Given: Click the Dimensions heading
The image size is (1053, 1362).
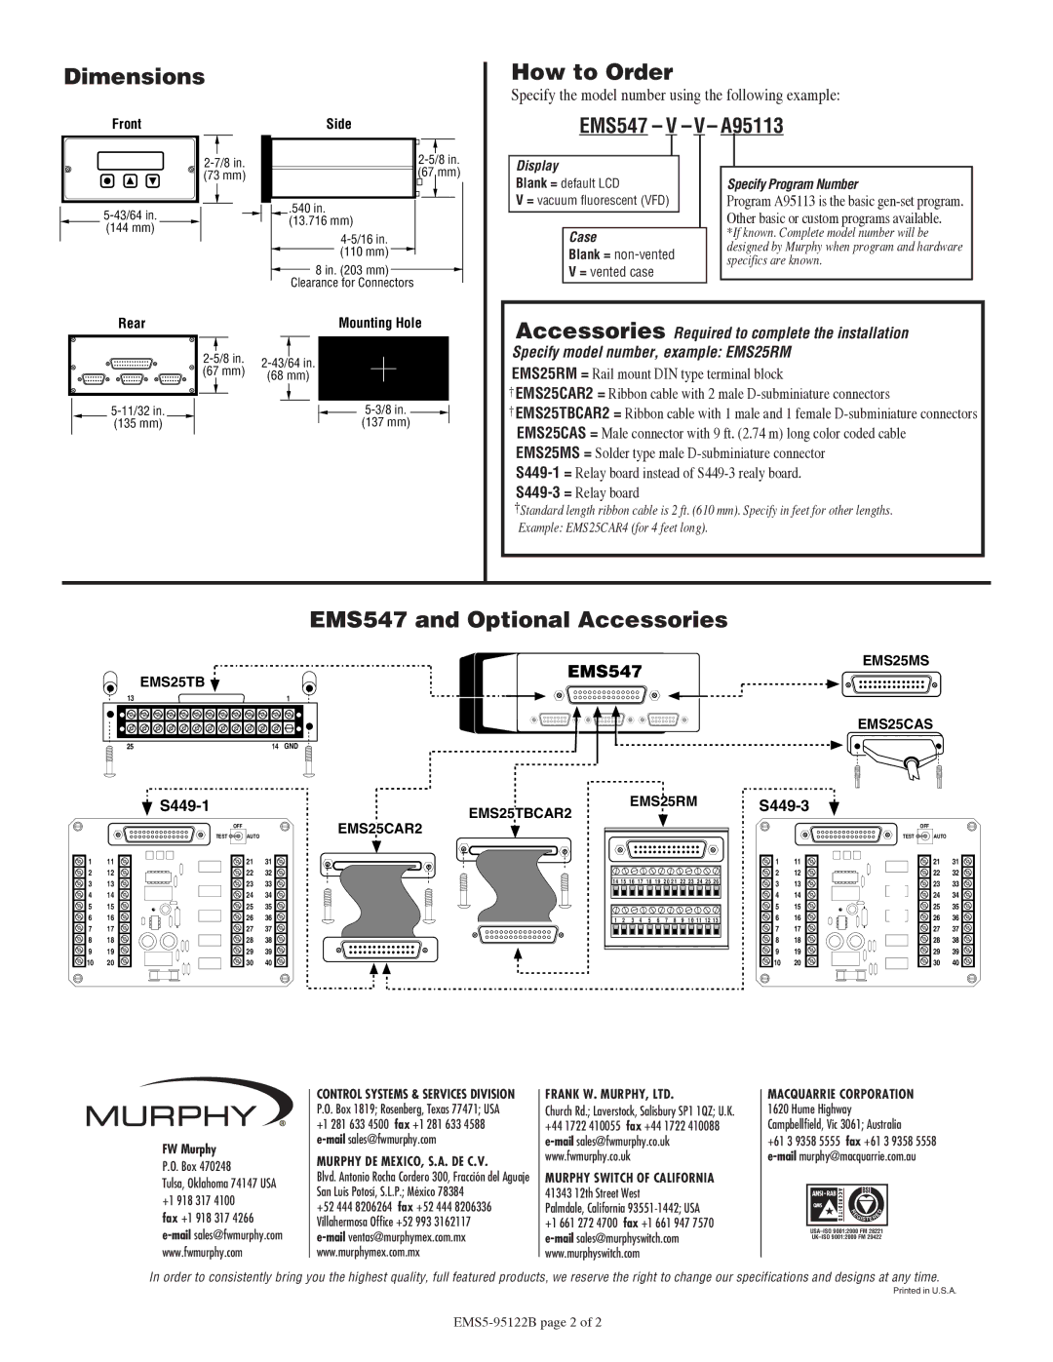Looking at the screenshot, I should coord(135,77).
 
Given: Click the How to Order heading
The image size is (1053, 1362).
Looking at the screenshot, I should coord(592,72).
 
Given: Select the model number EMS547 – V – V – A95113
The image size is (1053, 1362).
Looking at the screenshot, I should coord(680,126).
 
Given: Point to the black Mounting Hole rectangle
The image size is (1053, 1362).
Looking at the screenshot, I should coord(383,370).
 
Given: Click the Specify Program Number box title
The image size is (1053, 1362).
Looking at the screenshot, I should coord(793,184).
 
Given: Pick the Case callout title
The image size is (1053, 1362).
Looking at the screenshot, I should coord(583,237).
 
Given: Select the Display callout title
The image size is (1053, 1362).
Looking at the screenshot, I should coord(537,166).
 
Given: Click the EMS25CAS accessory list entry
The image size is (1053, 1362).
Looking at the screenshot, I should coord(711,434).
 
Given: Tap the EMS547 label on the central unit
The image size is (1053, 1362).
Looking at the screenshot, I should coord(605,671).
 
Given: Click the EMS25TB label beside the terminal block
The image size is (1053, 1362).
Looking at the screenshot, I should coord(172,681).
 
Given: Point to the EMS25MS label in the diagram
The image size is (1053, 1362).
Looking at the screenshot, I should coord(895,661).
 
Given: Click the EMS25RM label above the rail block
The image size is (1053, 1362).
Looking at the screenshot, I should coord(663,801).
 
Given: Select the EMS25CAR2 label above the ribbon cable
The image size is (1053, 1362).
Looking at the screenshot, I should coord(380,829).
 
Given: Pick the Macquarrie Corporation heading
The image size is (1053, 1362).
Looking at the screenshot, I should coord(840,1095).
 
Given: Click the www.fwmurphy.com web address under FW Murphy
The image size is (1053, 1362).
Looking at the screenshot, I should coord(203,1252).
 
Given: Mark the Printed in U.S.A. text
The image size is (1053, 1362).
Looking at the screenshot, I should coord(925,1291).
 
